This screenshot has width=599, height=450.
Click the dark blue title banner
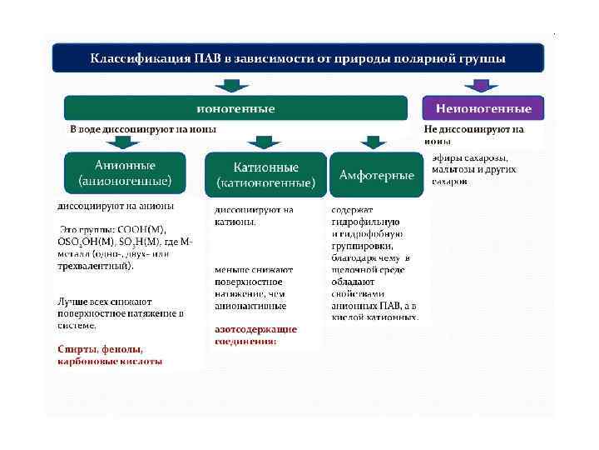[x=298, y=58]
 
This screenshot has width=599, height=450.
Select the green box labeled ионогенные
[x=235, y=108]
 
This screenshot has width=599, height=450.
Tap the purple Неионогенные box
[x=483, y=108]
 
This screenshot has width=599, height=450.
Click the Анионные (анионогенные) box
[x=125, y=172]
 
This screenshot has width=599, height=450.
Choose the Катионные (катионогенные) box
[x=265, y=174]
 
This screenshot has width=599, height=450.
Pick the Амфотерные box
[x=376, y=175]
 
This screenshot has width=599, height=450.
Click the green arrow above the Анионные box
[x=125, y=142]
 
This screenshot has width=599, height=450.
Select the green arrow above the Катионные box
[x=264, y=142]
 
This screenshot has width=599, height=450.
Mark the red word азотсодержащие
[x=255, y=329]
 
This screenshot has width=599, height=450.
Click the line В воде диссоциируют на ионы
[x=143, y=130]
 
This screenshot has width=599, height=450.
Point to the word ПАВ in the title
[x=208, y=58]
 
